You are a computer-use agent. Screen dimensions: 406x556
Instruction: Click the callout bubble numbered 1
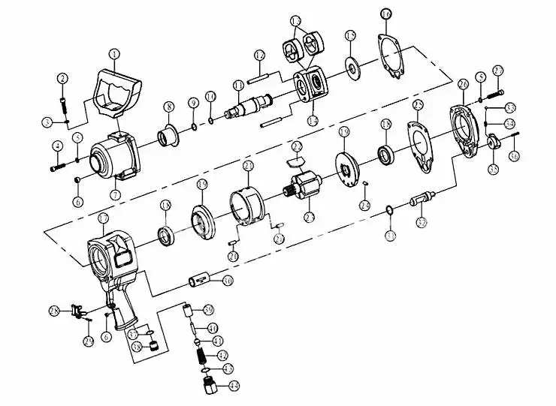pyautogui.click(x=115, y=53)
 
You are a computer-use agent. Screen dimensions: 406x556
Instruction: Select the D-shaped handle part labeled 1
pyautogui.click(x=116, y=94)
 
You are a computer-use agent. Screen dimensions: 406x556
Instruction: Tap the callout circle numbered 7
pyautogui.click(x=115, y=194)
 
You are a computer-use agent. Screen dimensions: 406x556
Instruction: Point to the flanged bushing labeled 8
pyautogui.click(x=167, y=137)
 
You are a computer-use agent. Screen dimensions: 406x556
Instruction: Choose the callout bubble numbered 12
pyautogui.click(x=259, y=55)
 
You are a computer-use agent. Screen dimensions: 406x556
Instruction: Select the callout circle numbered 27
pyautogui.click(x=497, y=71)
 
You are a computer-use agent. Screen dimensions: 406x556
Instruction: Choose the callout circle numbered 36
pyautogui.click(x=514, y=156)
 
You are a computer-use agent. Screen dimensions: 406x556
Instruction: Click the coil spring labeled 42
pyautogui.click(x=201, y=353)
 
